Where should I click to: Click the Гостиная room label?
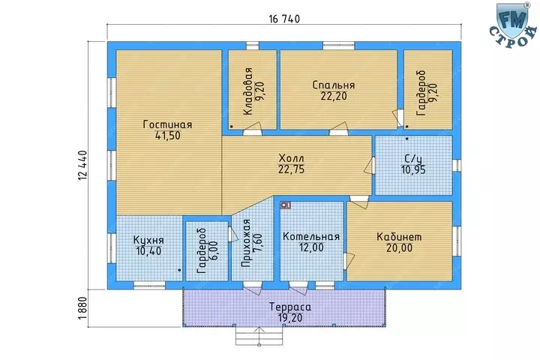coord(167,124)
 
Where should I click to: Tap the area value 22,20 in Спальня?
coord(334,96)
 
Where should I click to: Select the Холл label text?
coord(291,158)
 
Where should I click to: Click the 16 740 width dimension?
coord(284,19)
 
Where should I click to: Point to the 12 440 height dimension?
coord(83,165)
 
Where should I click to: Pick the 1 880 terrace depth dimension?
coord(83,308)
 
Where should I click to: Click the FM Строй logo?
coord(513,25)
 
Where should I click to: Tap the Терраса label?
coord(290,307)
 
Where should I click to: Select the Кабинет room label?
coord(399,237)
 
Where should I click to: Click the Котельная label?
coord(311,236)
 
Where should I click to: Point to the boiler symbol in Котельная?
coord(285,205)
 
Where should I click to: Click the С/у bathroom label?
coord(413,158)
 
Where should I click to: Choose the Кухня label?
coord(148,240)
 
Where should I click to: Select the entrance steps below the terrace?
coord(259,335)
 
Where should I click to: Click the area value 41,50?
coord(168,136)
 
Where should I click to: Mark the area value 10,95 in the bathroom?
coord(413,169)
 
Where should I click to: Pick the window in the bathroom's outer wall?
coord(456,165)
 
